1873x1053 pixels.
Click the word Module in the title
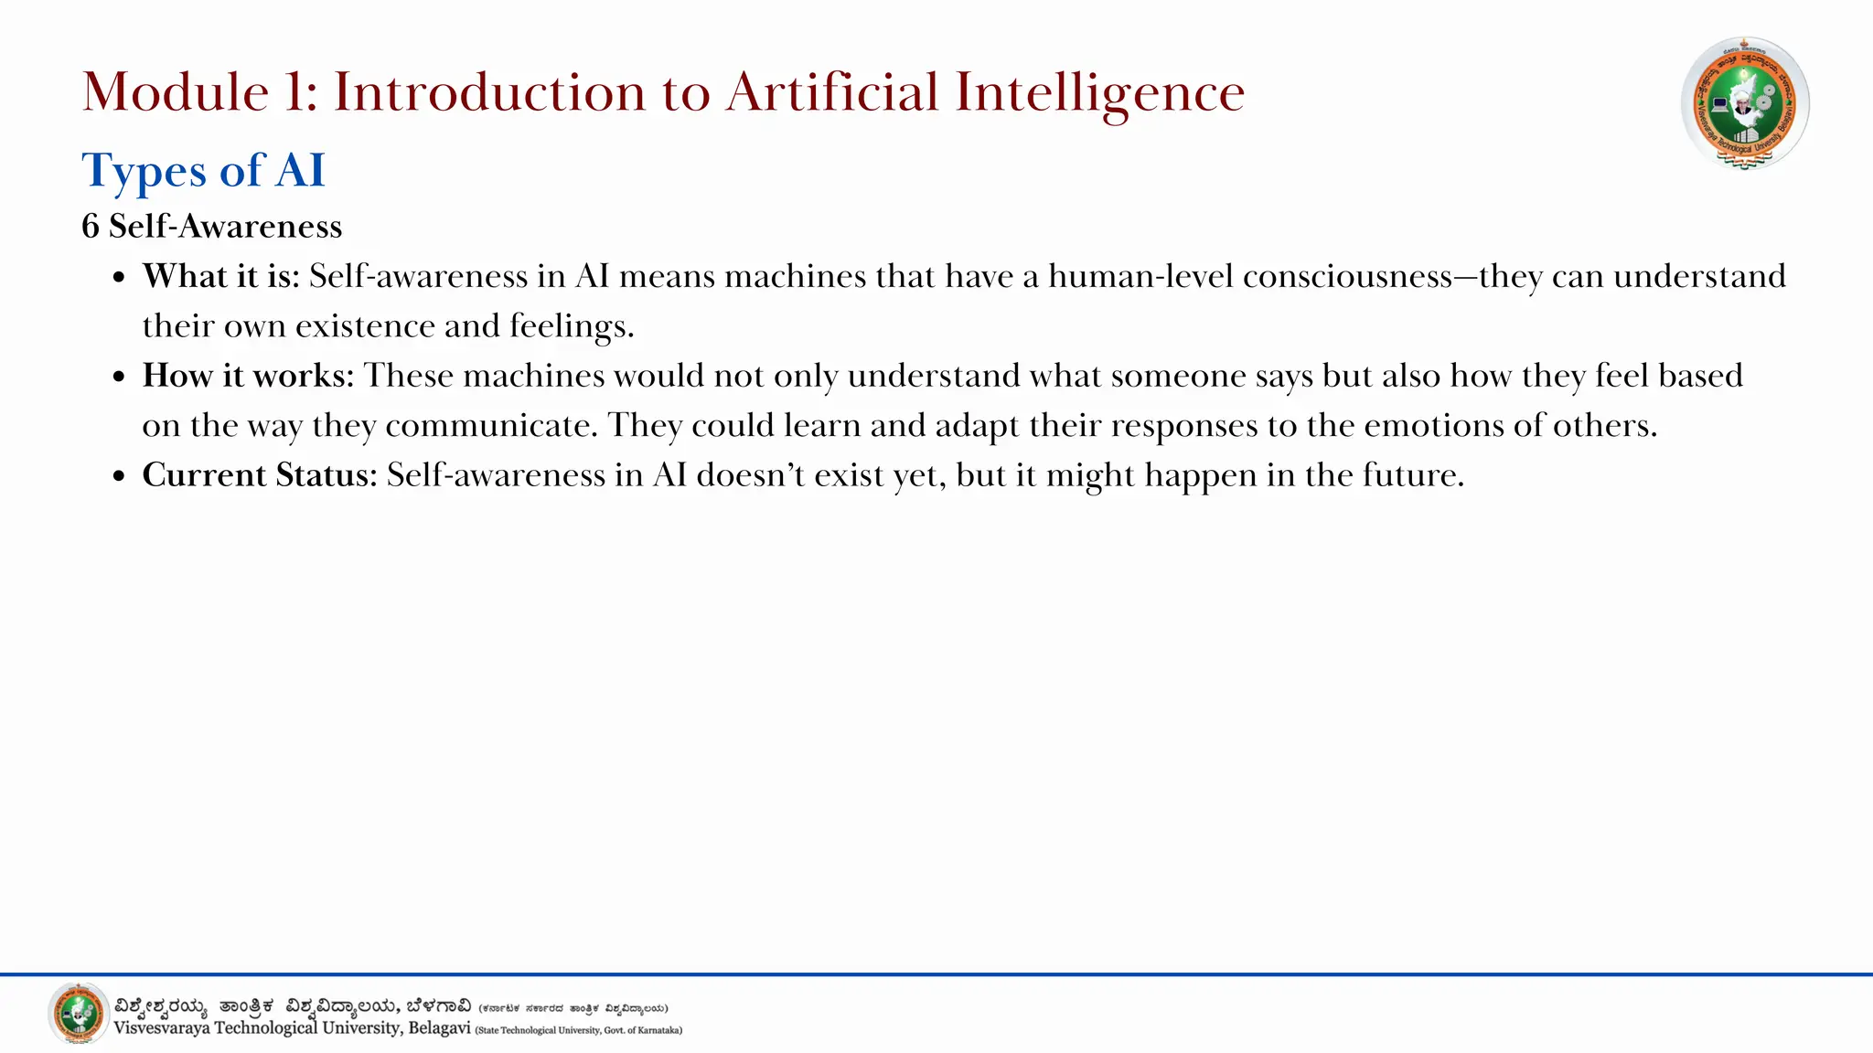point(175,93)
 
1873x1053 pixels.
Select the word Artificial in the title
point(832,93)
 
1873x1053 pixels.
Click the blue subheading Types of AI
point(203,171)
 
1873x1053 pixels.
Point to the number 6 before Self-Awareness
point(90,227)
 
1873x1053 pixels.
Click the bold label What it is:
point(221,276)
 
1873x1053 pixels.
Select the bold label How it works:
point(248,376)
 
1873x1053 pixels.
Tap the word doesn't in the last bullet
point(750,475)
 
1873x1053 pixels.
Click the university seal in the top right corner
point(1744,103)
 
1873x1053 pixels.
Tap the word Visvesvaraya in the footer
point(162,1028)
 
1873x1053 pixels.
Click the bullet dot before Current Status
point(119,476)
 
